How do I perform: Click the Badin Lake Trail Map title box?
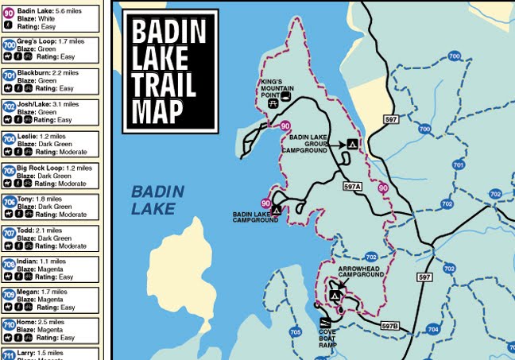coord(168,71)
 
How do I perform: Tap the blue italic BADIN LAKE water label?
coord(157,200)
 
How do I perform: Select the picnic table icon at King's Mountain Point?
coord(273,103)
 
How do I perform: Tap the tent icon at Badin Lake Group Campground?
coord(350,144)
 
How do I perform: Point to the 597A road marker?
coord(353,186)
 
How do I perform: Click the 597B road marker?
coord(389,325)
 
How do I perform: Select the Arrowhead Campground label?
coord(361,272)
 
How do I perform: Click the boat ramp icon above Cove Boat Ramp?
coord(324,322)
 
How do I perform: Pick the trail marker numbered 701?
coord(458,165)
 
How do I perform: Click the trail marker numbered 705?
coord(296,332)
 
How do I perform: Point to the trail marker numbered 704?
coord(432,328)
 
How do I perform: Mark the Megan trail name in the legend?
coord(27,292)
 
